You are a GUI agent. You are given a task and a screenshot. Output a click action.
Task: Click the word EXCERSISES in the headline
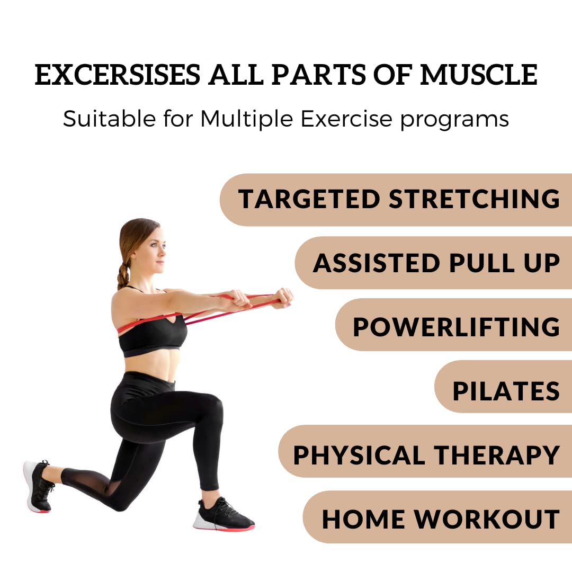[118, 75]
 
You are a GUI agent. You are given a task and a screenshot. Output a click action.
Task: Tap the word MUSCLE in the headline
[479, 75]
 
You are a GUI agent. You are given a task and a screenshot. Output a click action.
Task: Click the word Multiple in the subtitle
[247, 119]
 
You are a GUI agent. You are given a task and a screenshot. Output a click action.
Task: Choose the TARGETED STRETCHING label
[399, 199]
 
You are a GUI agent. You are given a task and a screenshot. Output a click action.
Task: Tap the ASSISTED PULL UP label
[436, 263]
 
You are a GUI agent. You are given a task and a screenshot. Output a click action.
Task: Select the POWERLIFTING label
[457, 326]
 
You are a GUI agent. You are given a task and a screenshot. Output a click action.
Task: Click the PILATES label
[506, 391]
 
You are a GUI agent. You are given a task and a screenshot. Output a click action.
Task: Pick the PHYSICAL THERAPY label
[426, 455]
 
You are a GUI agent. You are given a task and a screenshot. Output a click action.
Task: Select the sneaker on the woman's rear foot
[38, 486]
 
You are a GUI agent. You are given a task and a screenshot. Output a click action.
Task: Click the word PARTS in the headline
[318, 75]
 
